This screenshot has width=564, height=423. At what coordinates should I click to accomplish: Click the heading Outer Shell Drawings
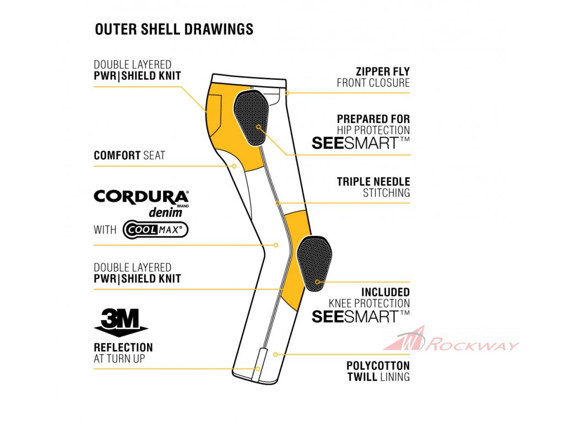pyautogui.click(x=174, y=29)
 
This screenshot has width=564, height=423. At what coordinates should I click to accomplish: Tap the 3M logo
pyautogui.click(x=121, y=321)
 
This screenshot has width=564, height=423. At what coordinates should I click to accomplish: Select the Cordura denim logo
pyautogui.click(x=142, y=203)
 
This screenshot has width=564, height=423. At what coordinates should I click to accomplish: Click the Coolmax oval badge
pyautogui.click(x=155, y=229)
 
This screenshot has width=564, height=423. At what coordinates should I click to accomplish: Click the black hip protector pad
pyautogui.click(x=251, y=118)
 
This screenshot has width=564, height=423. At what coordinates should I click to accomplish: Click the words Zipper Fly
pyautogui.click(x=383, y=72)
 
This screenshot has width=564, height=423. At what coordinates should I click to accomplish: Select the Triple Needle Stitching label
pyautogui.click(x=373, y=187)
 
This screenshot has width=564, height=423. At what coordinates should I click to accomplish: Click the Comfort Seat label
pyautogui.click(x=129, y=155)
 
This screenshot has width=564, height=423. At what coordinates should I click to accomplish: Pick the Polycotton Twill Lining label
pyautogui.click(x=378, y=371)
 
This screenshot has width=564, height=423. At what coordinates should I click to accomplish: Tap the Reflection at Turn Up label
pyautogui.click(x=123, y=352)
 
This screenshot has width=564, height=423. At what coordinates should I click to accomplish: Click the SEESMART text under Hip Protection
pyautogui.click(x=361, y=143)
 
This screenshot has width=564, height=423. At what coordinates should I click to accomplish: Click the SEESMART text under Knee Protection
pyautogui.click(x=361, y=316)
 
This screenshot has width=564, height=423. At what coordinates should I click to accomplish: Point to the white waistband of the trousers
pyautogui.click(x=250, y=78)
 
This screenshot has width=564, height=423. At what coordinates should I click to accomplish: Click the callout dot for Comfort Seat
pyautogui.click(x=234, y=165)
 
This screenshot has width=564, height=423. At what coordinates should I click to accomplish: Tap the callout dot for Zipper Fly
pyautogui.click(x=287, y=93)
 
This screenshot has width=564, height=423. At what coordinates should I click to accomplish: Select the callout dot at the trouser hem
pyautogui.click(x=257, y=368)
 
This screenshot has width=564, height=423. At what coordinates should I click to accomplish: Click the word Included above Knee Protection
pyautogui.click(x=386, y=292)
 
